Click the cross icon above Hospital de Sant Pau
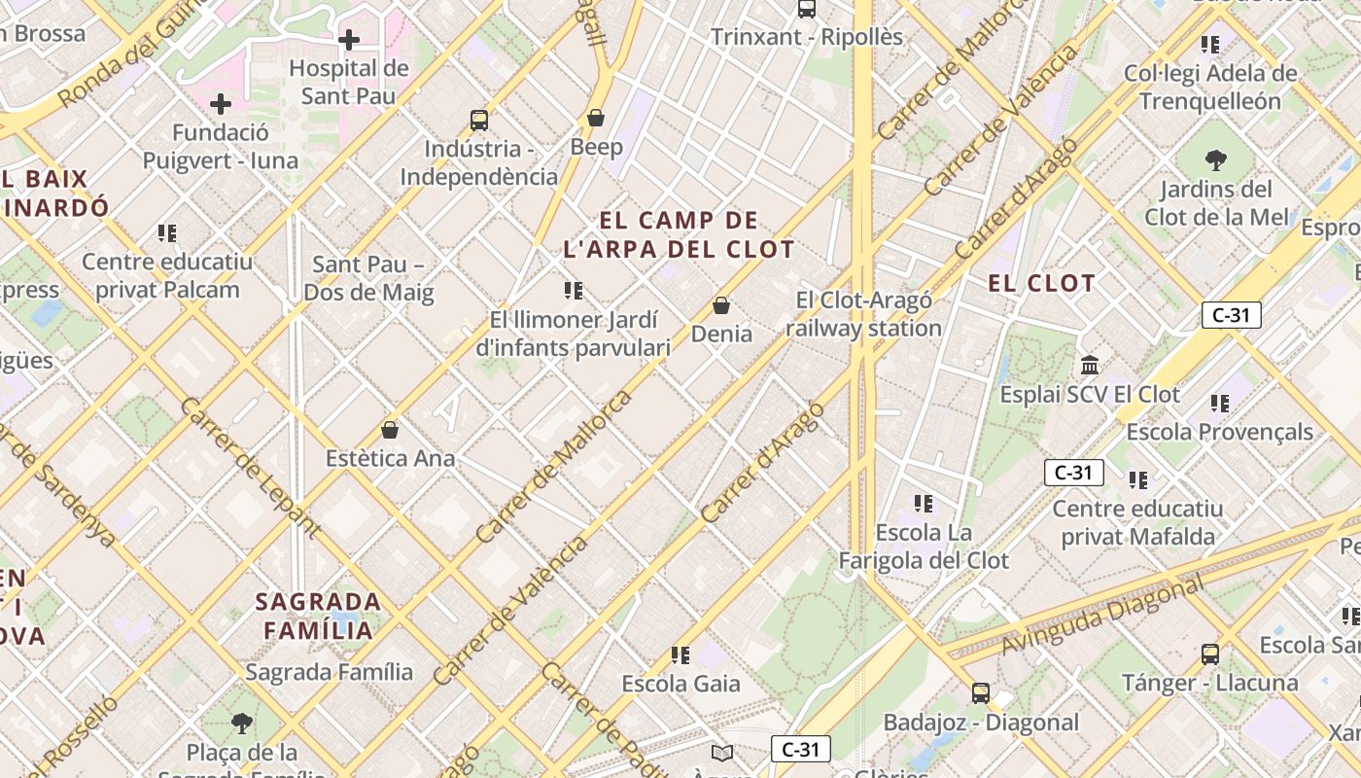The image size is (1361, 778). point(349,40)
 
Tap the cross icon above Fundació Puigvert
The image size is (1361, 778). point(221,103)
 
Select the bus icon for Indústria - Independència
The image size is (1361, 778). point(479,121)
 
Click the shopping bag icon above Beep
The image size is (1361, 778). point(596,119)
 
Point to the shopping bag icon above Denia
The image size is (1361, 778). point(721,305)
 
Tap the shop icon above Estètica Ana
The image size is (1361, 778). point(390,429)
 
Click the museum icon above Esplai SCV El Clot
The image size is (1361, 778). point(1090,366)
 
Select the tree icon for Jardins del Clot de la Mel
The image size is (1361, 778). point(1215,159)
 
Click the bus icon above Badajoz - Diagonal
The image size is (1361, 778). point(981,693)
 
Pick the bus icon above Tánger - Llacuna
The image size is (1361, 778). point(1210,654)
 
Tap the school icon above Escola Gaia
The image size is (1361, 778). point(680,655)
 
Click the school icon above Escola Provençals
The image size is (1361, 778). point(1220,403)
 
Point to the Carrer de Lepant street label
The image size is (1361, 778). point(250,467)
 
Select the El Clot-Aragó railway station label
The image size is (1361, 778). point(864,314)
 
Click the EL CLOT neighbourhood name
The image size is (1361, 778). point(1042,284)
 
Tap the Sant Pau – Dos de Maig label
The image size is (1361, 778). point(368,278)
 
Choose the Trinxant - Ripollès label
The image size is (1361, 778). point(807,37)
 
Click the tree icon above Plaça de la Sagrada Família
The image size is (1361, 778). point(242,724)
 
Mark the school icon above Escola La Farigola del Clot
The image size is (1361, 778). point(924,504)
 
